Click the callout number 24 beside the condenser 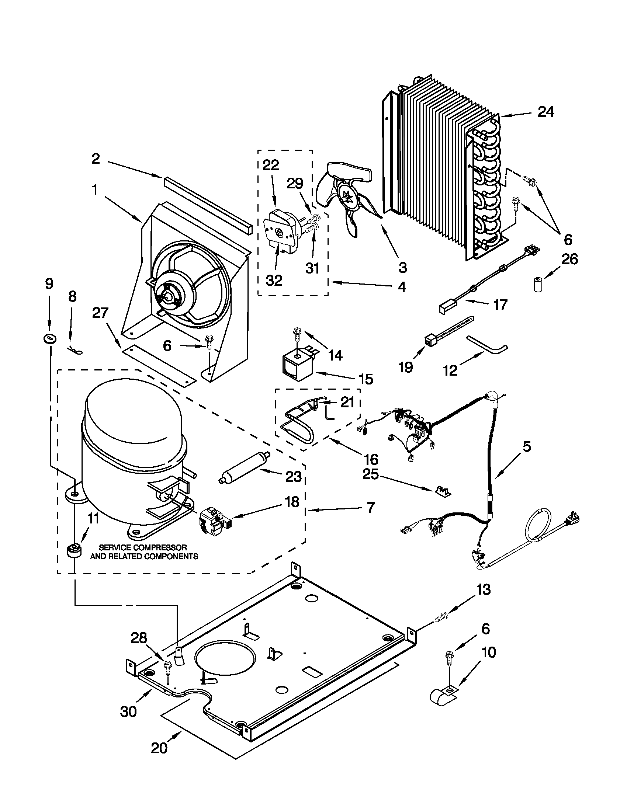(x=546, y=111)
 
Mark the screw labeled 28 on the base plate (x=167, y=666)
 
